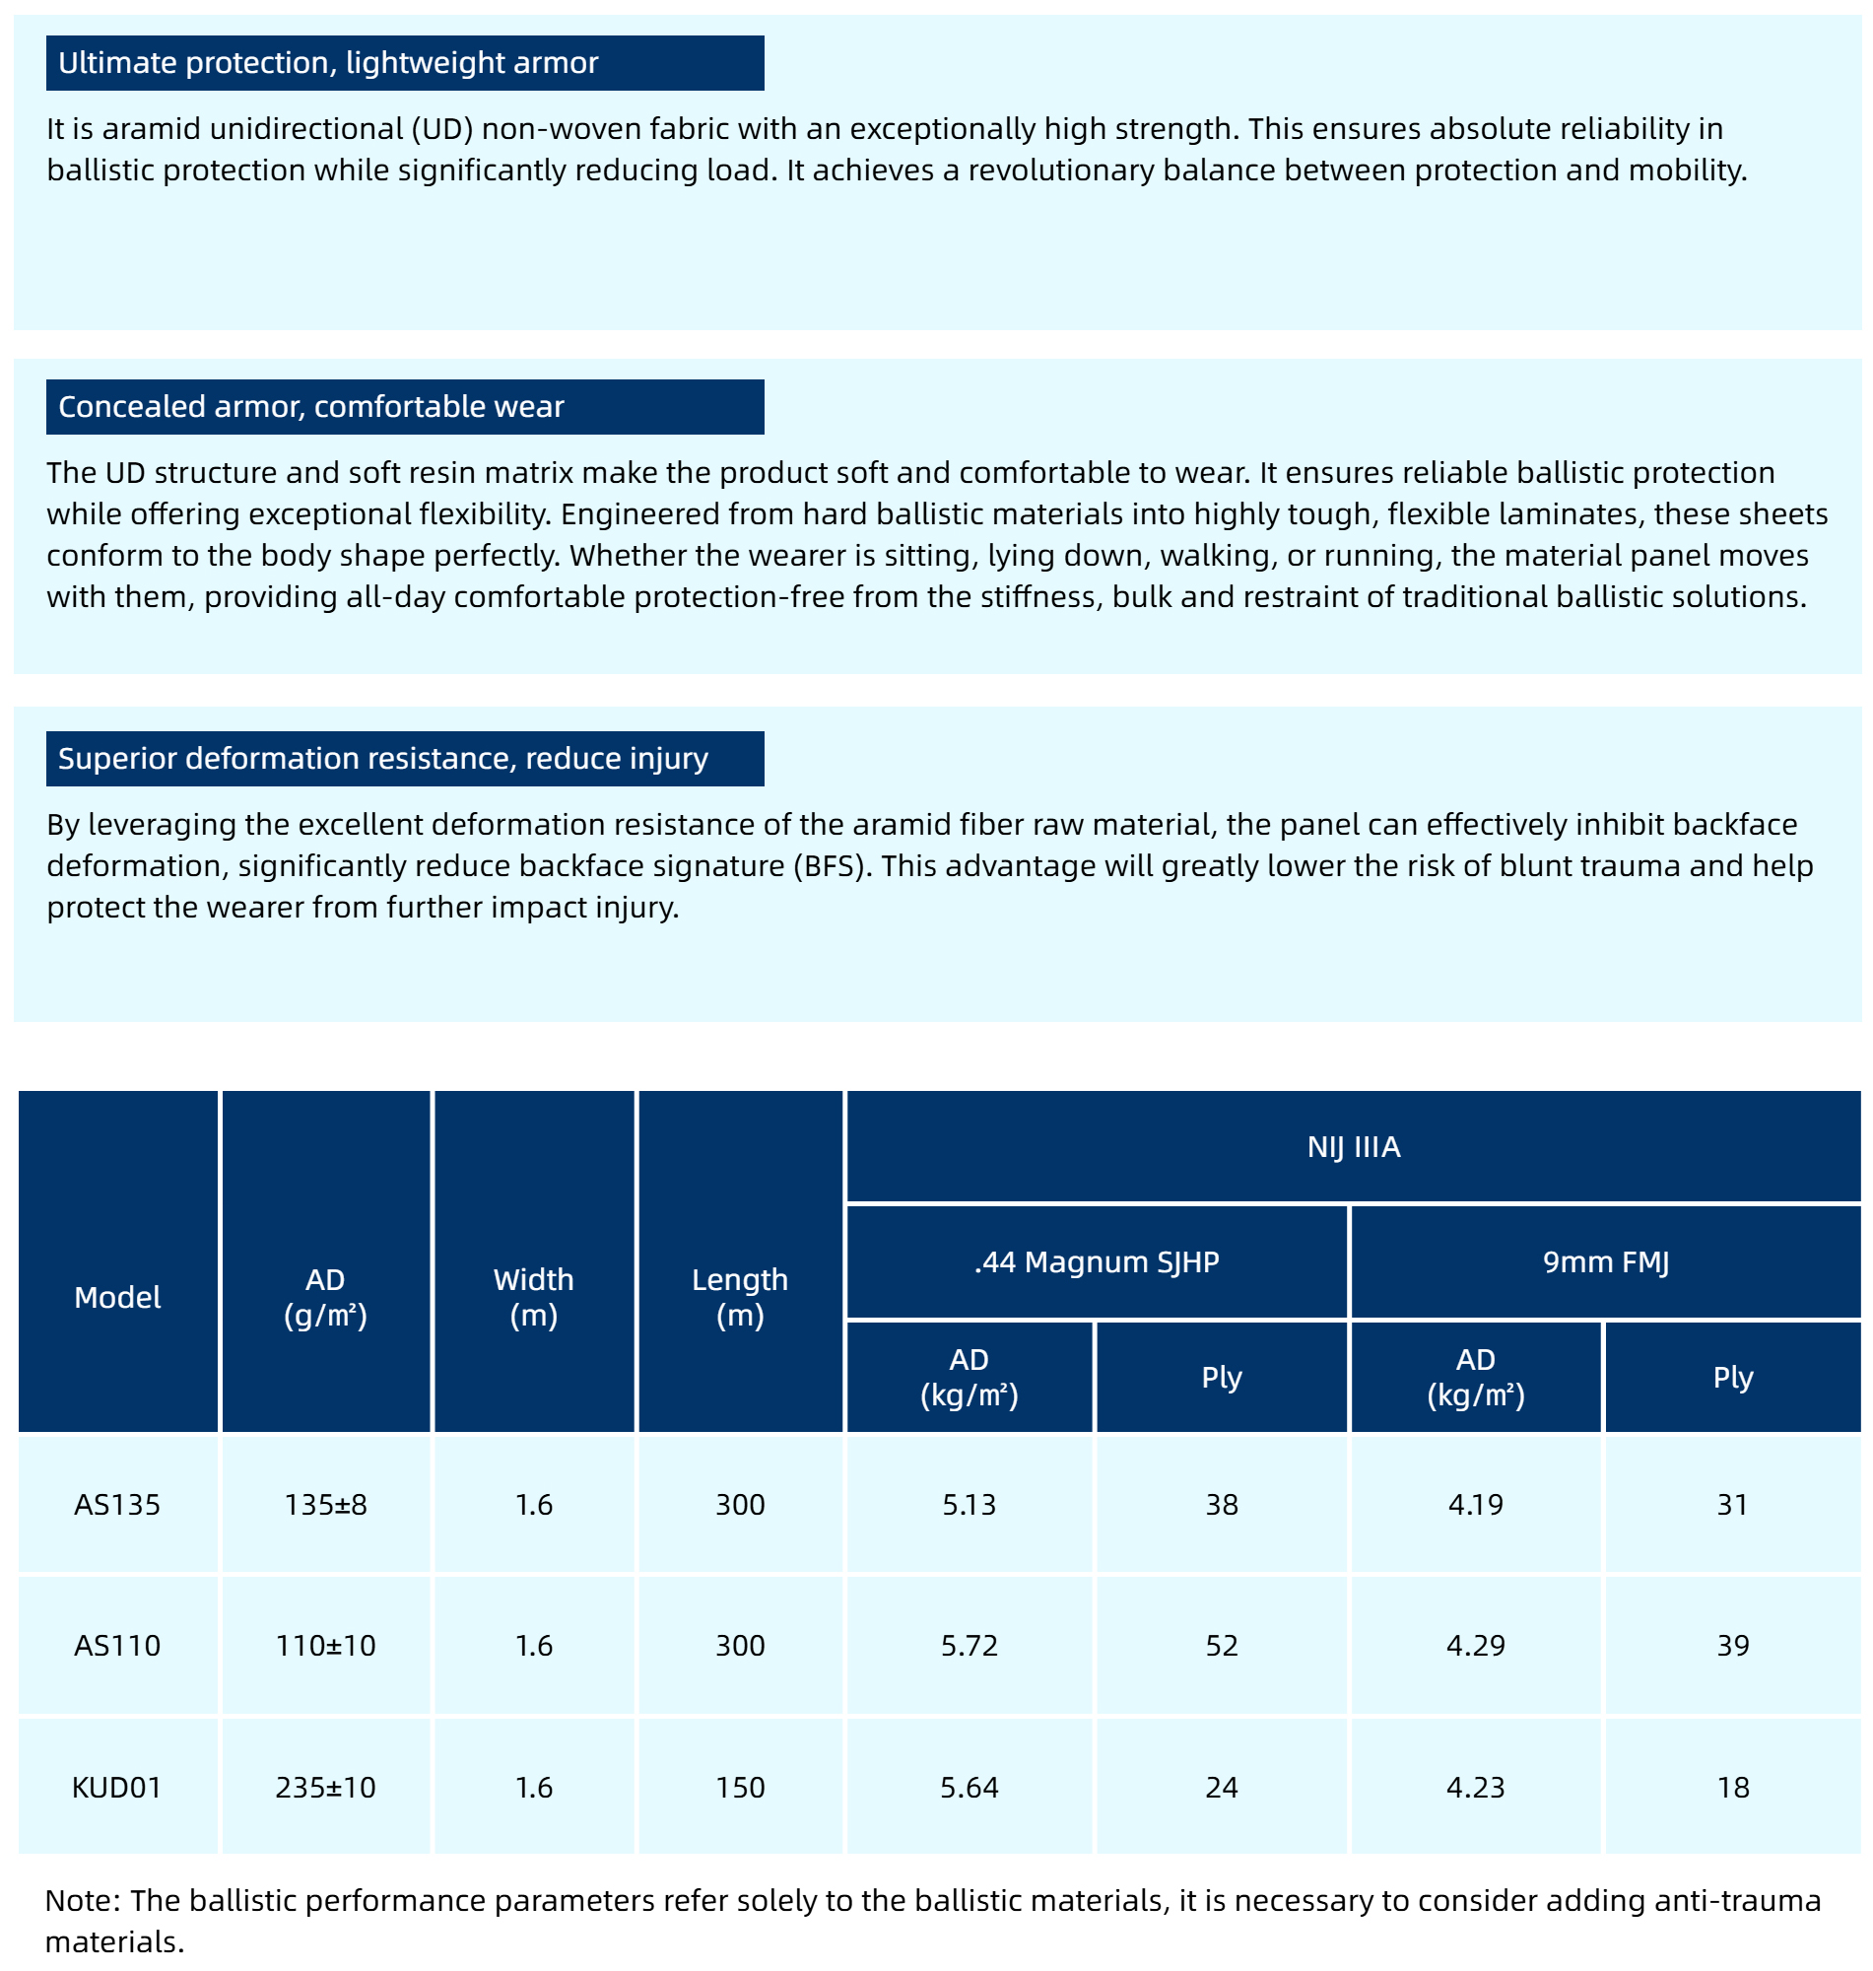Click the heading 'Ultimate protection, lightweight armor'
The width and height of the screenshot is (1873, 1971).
pyautogui.click(x=327, y=63)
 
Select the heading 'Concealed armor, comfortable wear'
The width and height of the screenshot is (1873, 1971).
pyautogui.click(x=310, y=406)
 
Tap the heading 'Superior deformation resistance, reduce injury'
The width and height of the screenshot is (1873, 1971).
pyautogui.click(x=382, y=758)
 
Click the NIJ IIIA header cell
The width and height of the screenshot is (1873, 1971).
pyautogui.click(x=1353, y=1146)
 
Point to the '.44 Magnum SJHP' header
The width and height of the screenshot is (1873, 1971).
pyautogui.click(x=1097, y=1261)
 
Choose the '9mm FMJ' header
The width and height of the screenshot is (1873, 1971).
pyautogui.click(x=1605, y=1261)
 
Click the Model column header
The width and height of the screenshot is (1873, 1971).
pyautogui.click(x=118, y=1296)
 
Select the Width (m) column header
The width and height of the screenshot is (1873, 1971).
pyautogui.click(x=533, y=1296)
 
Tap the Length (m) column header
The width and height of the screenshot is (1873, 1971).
pyautogui.click(x=740, y=1296)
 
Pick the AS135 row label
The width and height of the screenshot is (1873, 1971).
pyautogui.click(x=118, y=1504)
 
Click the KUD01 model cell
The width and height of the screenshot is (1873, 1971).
pyautogui.click(x=118, y=1787)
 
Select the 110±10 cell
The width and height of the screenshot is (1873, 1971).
pyautogui.click(x=325, y=1645)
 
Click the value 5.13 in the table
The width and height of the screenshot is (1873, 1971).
pyautogui.click(x=969, y=1504)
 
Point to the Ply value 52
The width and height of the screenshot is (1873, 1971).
pyautogui.click(x=1221, y=1645)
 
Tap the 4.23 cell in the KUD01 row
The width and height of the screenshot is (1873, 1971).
pyautogui.click(x=1475, y=1787)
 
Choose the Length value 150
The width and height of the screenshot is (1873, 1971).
pyautogui.click(x=740, y=1787)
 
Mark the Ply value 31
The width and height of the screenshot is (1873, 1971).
pyautogui.click(x=1732, y=1504)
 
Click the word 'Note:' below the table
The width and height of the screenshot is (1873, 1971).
pyautogui.click(x=83, y=1899)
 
